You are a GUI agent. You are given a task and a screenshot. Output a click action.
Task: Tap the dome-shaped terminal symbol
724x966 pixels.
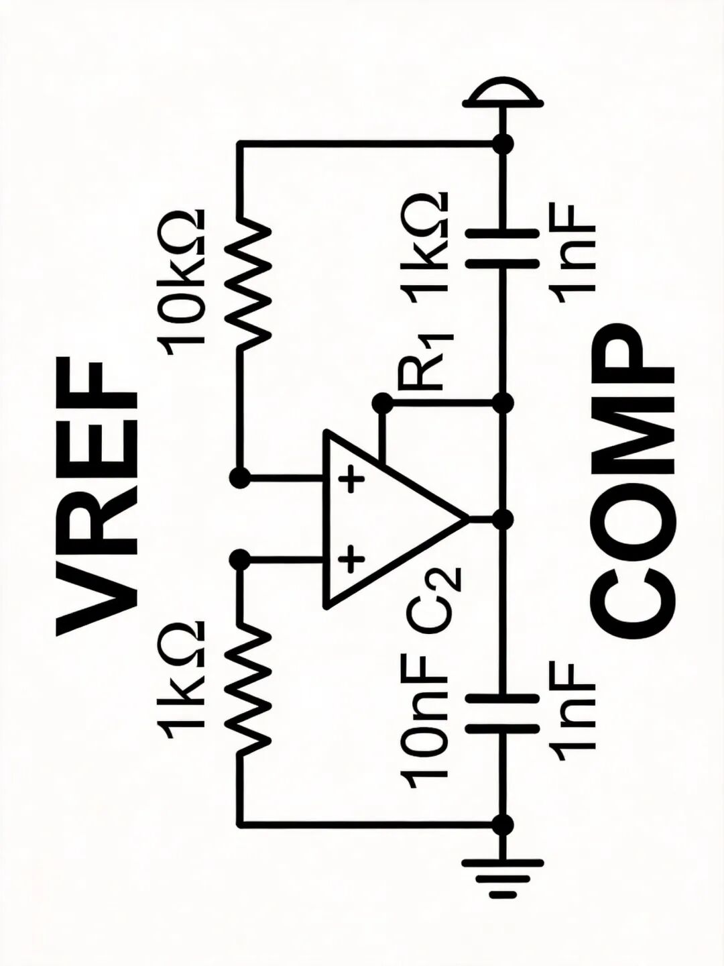coord(503,95)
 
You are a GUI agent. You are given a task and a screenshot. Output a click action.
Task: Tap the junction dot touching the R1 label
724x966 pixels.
coord(383,402)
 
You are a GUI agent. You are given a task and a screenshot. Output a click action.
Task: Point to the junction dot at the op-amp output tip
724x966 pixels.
coord(503,521)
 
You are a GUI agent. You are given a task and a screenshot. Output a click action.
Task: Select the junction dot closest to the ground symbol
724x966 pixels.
coord(503,824)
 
